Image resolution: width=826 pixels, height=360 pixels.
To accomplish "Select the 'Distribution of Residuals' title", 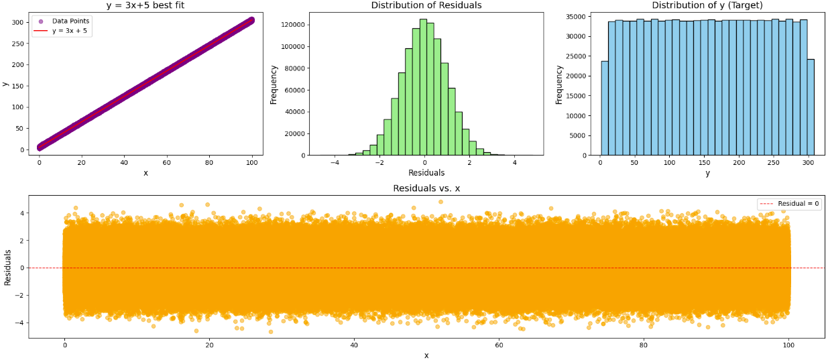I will click(426, 5).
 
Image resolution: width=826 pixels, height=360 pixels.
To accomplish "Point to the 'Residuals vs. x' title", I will click(426, 188).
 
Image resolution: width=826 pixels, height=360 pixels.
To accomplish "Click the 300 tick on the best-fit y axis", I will click(17, 22).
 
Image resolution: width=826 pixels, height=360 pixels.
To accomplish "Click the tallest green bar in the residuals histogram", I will click(423, 87).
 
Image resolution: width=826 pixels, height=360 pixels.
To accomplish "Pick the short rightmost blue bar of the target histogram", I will click(810, 107).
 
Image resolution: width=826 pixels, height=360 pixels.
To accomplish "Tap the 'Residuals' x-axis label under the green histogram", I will click(426, 172).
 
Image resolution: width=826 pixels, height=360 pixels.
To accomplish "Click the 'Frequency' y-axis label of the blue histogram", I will click(558, 84).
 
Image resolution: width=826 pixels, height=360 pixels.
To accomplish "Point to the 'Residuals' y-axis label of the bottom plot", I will click(8, 267).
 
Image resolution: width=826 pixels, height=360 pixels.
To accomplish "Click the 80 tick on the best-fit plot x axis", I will click(209, 162).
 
